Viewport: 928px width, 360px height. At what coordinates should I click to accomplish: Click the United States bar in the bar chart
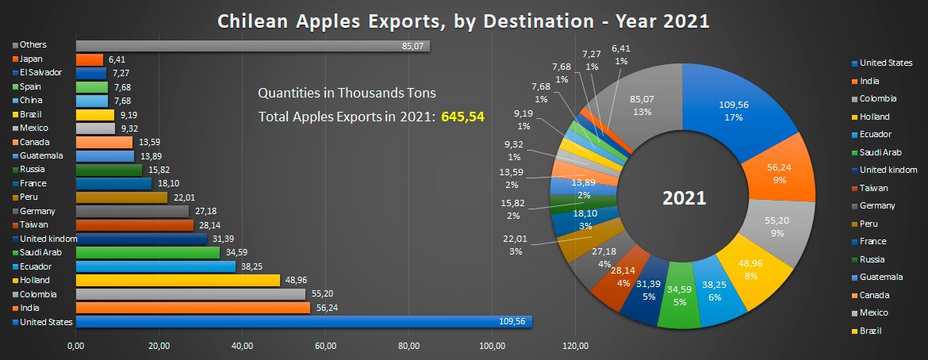[301, 322]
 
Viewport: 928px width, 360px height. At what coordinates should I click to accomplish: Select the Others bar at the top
[252, 46]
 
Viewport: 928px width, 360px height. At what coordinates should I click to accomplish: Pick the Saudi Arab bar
[148, 252]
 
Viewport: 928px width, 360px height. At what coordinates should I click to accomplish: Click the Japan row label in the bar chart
[33, 59]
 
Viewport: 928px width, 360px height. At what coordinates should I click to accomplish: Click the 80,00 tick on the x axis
[408, 346]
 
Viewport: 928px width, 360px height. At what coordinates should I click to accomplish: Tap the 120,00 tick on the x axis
[575, 346]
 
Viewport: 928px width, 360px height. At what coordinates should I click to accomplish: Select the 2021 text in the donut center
[684, 197]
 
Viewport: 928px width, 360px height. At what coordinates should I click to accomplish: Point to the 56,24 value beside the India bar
[325, 308]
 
